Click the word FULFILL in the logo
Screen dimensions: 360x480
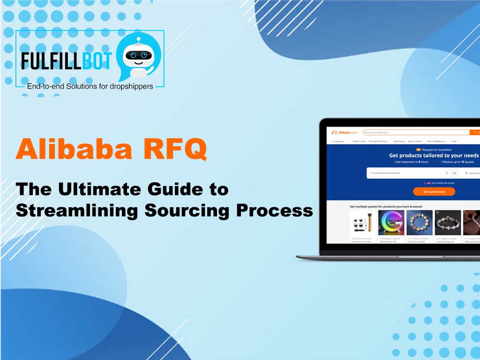(x=51, y=61)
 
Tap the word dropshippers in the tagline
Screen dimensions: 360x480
(x=129, y=86)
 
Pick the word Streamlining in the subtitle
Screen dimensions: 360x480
(x=77, y=210)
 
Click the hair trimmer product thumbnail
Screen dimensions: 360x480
(x=363, y=223)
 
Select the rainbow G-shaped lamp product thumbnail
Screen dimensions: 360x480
(x=391, y=223)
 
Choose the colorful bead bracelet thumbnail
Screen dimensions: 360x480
(x=419, y=223)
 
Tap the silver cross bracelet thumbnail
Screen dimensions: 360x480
(x=448, y=223)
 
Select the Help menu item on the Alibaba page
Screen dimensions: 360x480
(x=454, y=141)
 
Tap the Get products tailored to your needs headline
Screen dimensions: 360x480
(x=434, y=155)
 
